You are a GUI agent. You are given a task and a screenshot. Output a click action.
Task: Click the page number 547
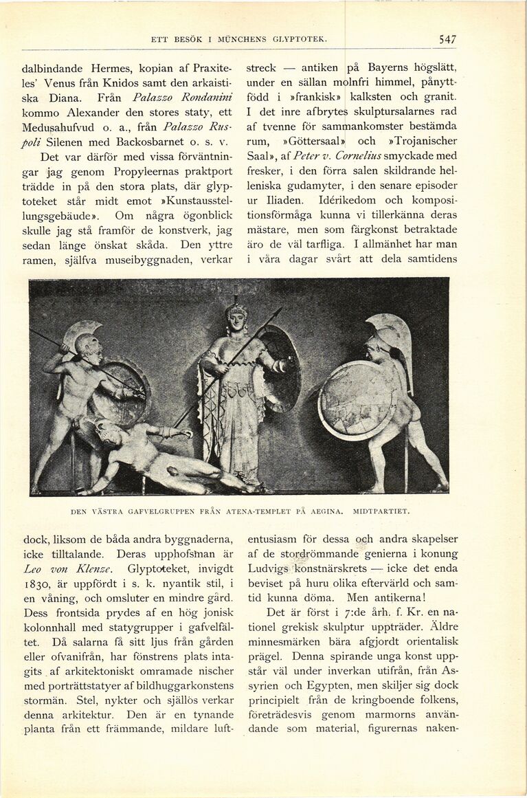(x=447, y=40)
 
